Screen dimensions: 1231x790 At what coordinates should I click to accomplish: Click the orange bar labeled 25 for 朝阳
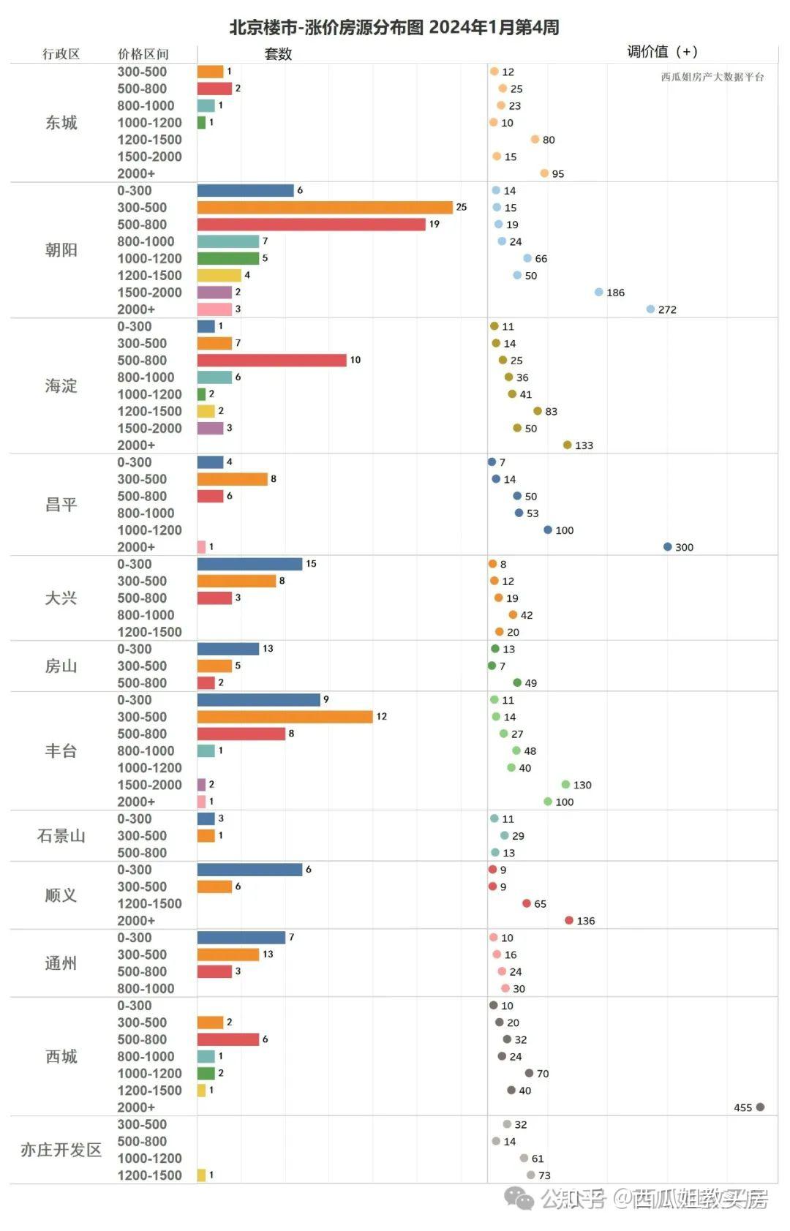point(325,208)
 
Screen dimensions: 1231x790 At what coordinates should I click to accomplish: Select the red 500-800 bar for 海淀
point(271,361)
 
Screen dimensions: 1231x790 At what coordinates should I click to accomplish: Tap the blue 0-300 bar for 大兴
point(249,564)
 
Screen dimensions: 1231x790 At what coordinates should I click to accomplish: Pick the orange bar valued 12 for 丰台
point(285,717)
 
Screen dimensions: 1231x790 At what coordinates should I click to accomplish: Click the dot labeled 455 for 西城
point(760,1107)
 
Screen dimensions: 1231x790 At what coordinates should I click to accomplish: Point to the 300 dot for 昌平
point(667,547)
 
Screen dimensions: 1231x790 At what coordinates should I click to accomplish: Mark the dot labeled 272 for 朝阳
point(650,309)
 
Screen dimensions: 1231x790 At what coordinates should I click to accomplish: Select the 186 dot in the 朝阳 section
point(598,293)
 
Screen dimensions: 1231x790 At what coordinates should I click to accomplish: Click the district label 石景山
point(61,836)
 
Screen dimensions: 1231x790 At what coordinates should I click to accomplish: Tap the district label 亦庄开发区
point(61,1150)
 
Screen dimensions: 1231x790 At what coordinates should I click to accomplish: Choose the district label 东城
point(61,123)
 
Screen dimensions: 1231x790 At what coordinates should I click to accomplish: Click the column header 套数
point(278,54)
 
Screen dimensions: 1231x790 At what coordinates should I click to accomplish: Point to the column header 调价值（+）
point(662,52)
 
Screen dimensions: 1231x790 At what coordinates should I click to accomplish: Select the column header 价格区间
point(143,54)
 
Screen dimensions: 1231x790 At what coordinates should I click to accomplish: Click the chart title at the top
point(394,28)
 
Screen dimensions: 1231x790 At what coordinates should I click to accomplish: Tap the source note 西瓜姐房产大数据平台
point(712,77)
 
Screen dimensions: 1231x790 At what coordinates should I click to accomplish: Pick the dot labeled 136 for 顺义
point(569,920)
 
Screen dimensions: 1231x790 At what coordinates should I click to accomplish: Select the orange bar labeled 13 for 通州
point(228,955)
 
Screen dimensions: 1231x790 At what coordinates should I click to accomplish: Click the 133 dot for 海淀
point(567,445)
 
